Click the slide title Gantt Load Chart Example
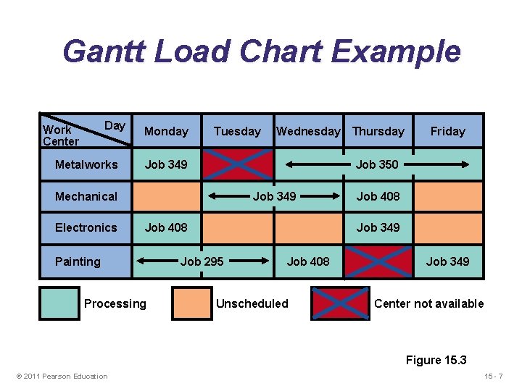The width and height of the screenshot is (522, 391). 261,52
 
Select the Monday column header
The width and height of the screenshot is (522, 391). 166,131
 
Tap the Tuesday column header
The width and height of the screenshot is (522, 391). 237,131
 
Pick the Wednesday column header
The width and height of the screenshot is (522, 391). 308,131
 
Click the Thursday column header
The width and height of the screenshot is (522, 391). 378,131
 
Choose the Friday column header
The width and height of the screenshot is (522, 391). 447,131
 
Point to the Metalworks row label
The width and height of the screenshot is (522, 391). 86,164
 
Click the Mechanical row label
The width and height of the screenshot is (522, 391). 86,196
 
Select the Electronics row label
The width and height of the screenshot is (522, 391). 86,227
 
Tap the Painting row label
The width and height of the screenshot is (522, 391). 78,261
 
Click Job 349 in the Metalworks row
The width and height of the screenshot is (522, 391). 166,164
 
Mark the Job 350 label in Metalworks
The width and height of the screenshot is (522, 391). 377,164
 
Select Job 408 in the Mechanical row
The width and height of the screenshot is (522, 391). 378,196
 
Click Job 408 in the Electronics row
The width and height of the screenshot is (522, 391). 166,227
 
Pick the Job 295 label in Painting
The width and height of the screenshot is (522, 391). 202,261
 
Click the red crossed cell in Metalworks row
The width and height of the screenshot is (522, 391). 238,164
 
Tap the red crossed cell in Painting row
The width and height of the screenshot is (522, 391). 378,261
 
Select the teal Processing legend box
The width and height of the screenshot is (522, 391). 59,303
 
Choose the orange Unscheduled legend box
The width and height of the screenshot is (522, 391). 191,303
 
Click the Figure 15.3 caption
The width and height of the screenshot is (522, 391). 436,360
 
